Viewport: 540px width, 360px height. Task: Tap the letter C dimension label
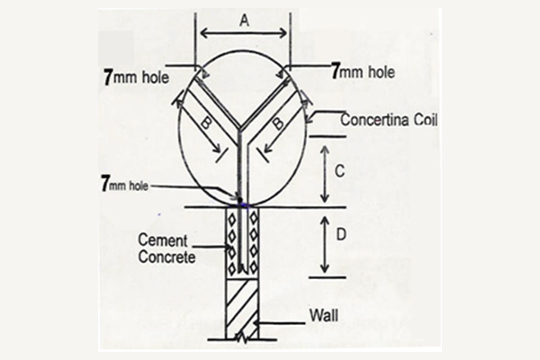point(335,168)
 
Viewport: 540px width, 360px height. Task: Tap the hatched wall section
point(241,306)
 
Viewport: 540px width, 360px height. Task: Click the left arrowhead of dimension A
point(203,34)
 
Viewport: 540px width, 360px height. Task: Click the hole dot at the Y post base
point(240,200)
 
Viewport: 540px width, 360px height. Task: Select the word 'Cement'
point(163,240)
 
